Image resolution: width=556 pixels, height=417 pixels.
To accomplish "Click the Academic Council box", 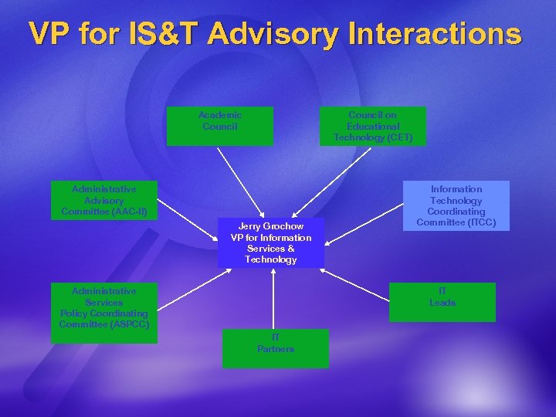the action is coord(220,126).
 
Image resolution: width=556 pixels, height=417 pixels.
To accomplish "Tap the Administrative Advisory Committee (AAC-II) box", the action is coord(104,200).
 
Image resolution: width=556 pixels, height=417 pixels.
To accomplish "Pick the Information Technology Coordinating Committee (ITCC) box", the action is coord(456,205).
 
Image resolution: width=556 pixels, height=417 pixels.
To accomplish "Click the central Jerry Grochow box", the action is coord(271,242).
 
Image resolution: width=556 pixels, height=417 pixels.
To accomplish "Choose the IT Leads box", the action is coord(442,302).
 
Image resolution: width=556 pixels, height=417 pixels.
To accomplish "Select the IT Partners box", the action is coord(276,348).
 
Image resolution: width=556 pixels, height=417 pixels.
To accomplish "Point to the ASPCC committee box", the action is coord(104,307).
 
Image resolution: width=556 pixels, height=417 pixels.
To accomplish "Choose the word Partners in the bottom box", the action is coord(276,349).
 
